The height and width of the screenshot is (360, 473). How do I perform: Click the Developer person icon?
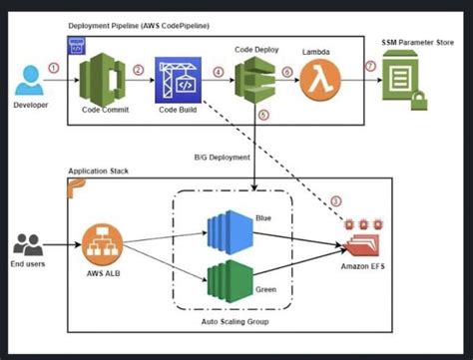click(30, 77)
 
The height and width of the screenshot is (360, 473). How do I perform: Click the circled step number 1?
click(66, 67)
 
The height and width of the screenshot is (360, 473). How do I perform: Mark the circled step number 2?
click(139, 70)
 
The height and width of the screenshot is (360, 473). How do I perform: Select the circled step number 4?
click(218, 72)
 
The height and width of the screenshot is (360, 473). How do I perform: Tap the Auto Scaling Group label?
click(236, 323)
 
